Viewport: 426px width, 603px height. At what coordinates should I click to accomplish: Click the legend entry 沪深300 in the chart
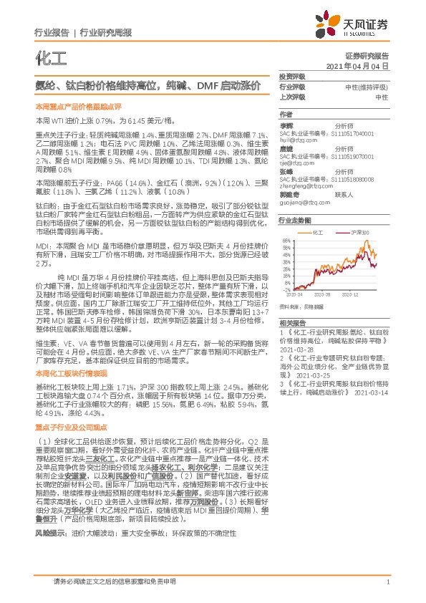click(x=360, y=233)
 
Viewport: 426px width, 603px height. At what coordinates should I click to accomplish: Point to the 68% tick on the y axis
click(x=286, y=241)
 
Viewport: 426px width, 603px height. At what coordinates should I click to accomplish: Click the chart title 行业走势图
click(x=294, y=222)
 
